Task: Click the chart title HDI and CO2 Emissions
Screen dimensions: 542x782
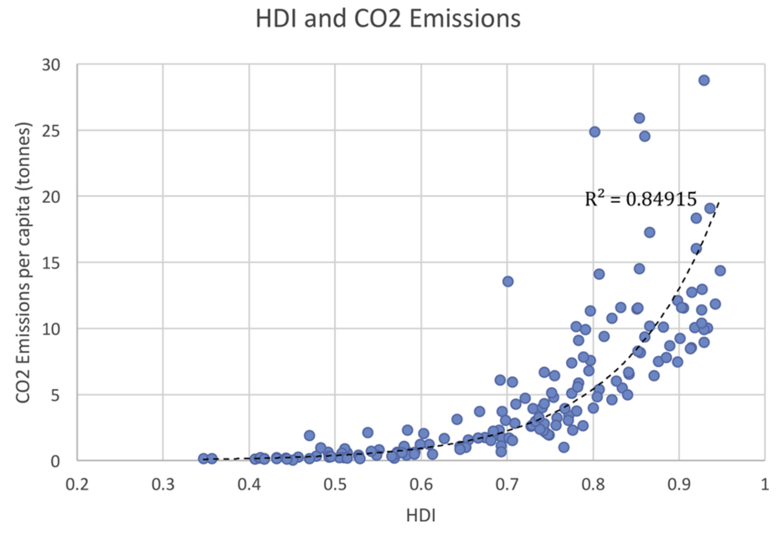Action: coord(388,19)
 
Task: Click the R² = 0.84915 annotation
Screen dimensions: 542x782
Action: coord(641,199)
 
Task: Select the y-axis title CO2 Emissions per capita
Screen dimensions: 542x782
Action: coord(24,262)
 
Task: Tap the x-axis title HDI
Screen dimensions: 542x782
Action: coord(421,515)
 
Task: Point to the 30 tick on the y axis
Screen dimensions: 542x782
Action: coord(51,65)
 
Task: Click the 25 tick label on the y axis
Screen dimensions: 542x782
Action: coord(51,131)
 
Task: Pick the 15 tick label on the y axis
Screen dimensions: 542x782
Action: coord(51,263)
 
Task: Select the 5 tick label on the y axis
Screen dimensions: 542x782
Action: coord(55,395)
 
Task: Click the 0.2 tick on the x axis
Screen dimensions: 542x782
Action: coord(77,484)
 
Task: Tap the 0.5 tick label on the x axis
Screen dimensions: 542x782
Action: coord(335,484)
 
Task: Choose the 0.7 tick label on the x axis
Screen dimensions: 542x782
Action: coord(507,484)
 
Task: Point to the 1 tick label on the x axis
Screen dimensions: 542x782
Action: coord(765,484)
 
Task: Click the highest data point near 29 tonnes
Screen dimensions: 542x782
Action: coord(704,80)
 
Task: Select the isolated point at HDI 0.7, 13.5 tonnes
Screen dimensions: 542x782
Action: coord(508,281)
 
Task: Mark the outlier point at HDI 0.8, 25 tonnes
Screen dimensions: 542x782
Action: coord(594,132)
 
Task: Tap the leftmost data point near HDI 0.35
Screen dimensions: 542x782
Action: coord(203,458)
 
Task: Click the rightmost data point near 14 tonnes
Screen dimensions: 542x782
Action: coord(720,271)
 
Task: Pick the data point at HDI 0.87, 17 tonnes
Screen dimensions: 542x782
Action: coord(649,232)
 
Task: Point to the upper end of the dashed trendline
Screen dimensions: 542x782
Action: coord(718,202)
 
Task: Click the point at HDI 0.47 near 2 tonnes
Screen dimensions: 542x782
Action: coord(309,435)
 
